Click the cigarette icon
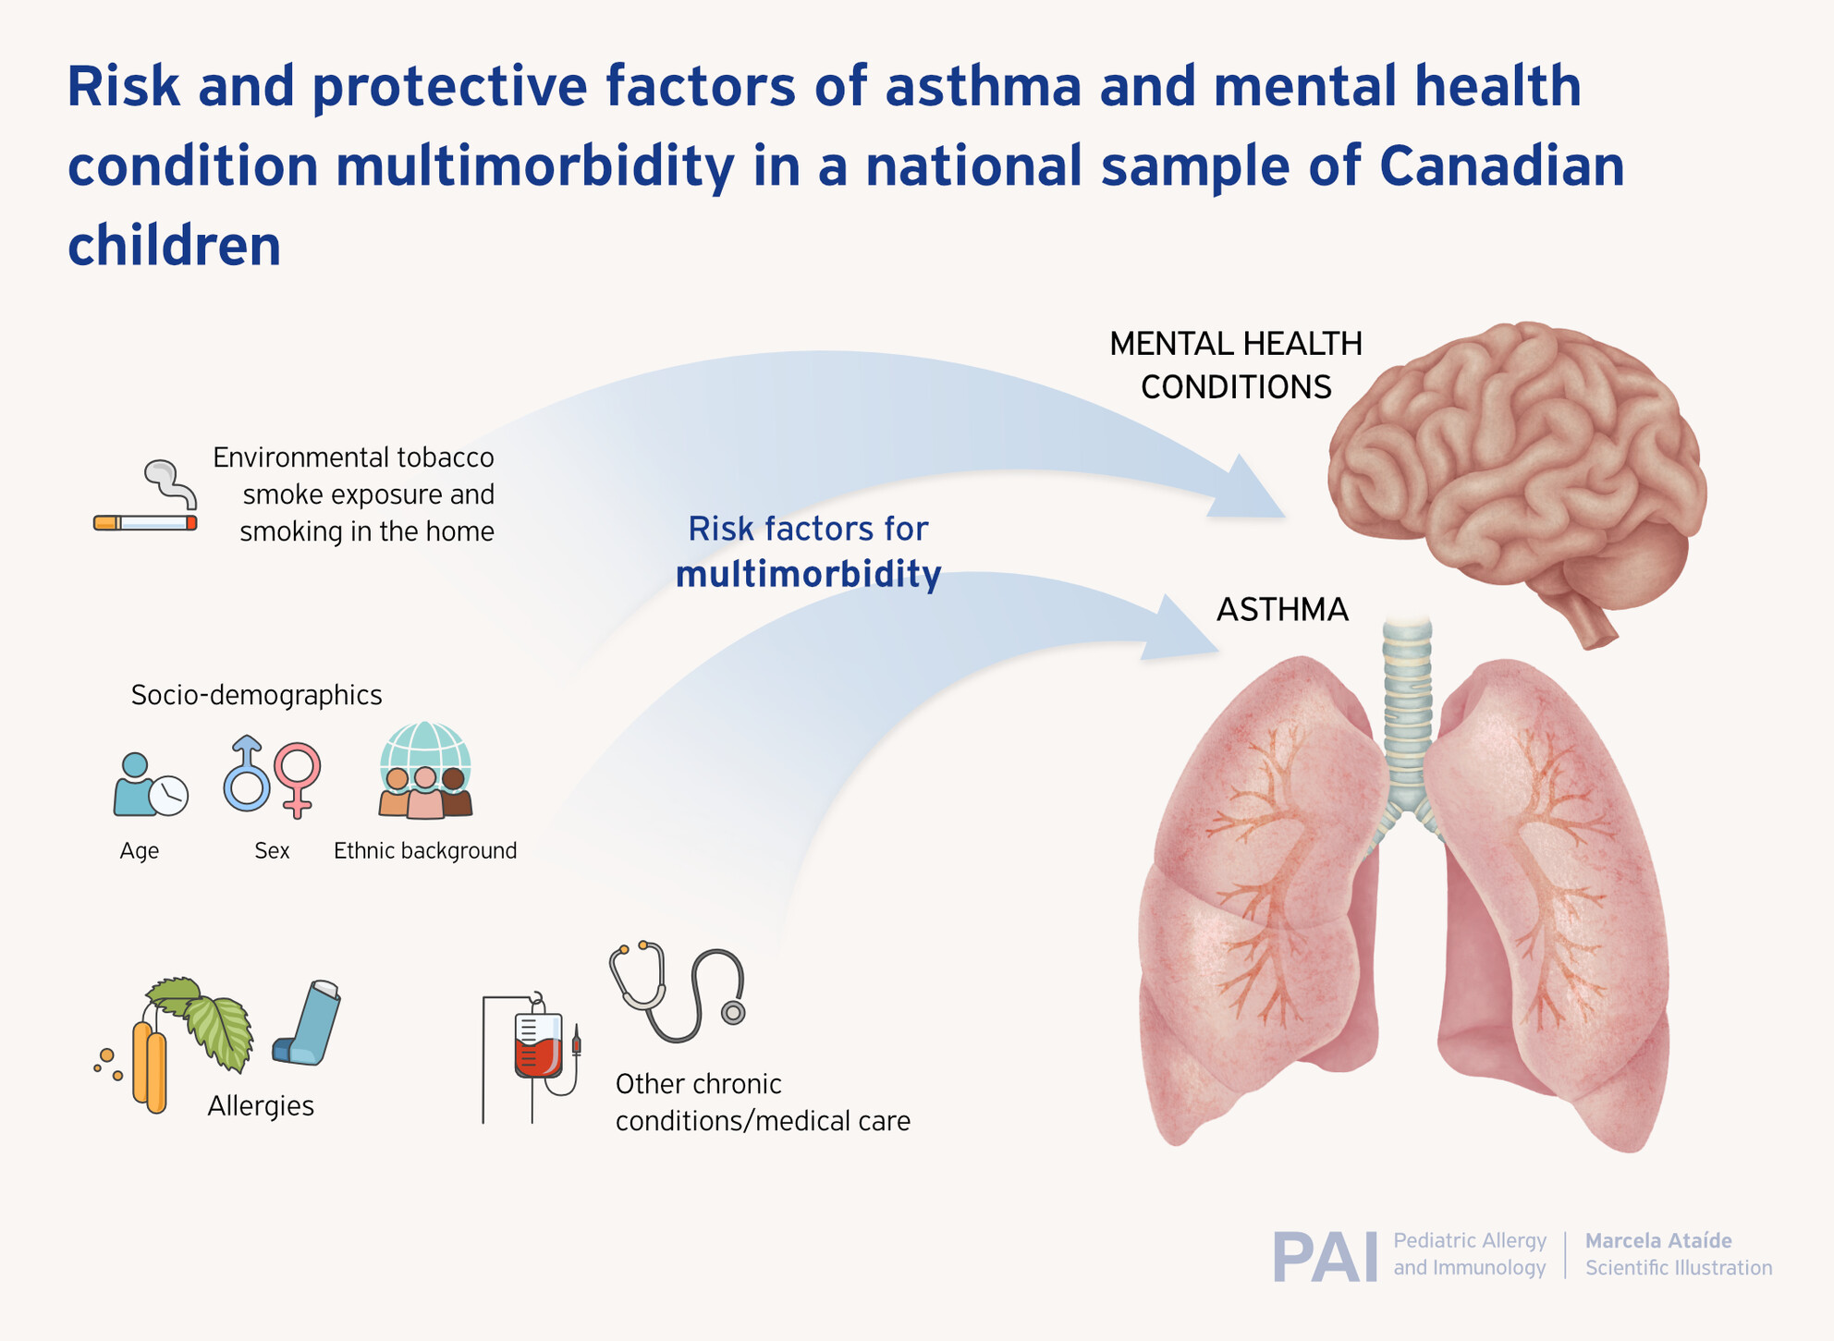[145, 522]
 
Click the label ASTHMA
[1282, 610]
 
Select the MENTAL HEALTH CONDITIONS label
[1236, 365]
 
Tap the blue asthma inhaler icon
[307, 1023]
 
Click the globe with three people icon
[425, 770]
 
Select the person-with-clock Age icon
[150, 786]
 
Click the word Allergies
[261, 1106]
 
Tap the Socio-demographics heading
[256, 695]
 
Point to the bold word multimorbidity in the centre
[809, 575]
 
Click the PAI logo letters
[1325, 1257]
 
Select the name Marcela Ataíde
[1658, 1240]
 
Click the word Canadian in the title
[1501, 166]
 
